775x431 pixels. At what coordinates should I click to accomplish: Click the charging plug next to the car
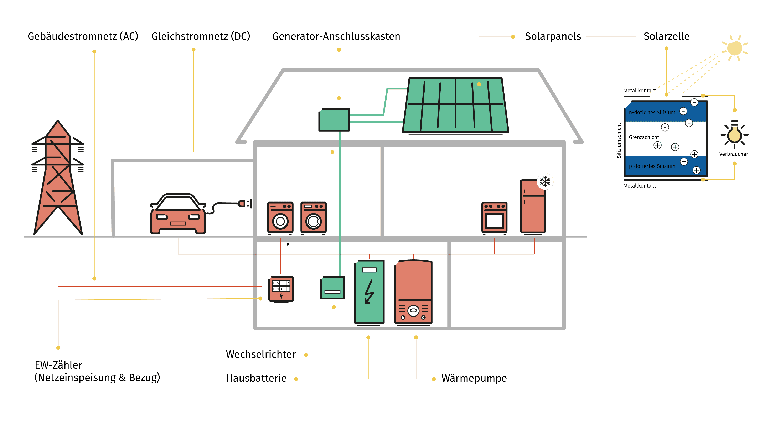point(244,204)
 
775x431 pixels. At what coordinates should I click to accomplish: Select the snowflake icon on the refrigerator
point(545,181)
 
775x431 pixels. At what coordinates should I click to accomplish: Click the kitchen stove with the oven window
point(495,217)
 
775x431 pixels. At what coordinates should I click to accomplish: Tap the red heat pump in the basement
point(413,292)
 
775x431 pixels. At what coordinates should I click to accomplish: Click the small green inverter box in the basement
point(332,287)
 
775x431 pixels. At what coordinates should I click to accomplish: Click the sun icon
point(734,48)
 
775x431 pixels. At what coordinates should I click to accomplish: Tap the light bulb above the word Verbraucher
point(734,135)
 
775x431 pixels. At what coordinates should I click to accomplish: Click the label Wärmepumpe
point(474,378)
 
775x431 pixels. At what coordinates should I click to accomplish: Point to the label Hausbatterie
point(256,378)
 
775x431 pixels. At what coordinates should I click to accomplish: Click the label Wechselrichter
point(260,354)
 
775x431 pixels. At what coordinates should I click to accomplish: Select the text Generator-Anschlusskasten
point(336,36)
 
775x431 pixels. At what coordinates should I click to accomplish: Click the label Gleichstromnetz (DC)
point(201,36)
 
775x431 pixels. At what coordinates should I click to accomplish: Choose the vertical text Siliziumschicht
point(619,140)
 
